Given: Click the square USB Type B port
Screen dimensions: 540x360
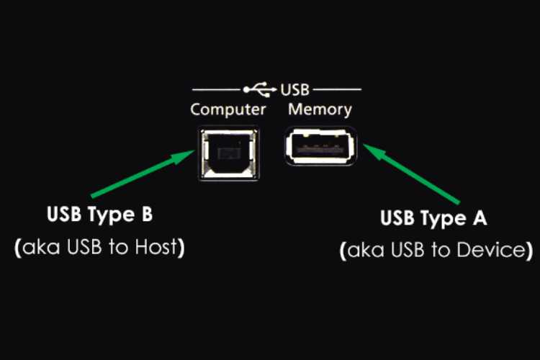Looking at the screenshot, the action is pyautogui.click(x=229, y=153).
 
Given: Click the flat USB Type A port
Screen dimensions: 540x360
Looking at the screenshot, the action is pyautogui.click(x=320, y=146).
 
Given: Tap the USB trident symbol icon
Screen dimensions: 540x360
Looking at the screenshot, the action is pyautogui.click(x=260, y=89).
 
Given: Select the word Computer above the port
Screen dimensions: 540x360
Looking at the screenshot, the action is pyautogui.click(x=228, y=110).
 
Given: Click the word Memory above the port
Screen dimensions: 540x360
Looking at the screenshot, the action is pyautogui.click(x=320, y=109).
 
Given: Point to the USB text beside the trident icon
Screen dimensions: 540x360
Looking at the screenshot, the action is pyautogui.click(x=294, y=90).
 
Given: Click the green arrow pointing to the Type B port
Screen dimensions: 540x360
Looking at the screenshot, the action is pyautogui.click(x=143, y=174).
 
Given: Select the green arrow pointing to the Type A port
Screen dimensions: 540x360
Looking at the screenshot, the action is pyautogui.click(x=411, y=174).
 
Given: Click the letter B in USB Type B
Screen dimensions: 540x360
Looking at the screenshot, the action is pyautogui.click(x=147, y=214).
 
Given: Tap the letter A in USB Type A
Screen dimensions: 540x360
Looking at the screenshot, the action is pyautogui.click(x=480, y=217).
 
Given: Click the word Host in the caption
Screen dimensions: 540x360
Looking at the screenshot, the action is pyautogui.click(x=156, y=247).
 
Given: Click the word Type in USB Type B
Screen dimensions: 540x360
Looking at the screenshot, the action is pyautogui.click(x=111, y=215).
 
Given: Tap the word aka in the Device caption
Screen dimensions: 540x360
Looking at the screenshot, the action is pyautogui.click(x=366, y=251).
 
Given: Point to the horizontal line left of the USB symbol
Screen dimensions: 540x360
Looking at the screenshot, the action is pyautogui.click(x=216, y=89).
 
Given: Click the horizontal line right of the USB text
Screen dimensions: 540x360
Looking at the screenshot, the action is pyautogui.click(x=337, y=89).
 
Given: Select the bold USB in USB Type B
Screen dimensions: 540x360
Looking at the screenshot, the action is pyautogui.click(x=64, y=214).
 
